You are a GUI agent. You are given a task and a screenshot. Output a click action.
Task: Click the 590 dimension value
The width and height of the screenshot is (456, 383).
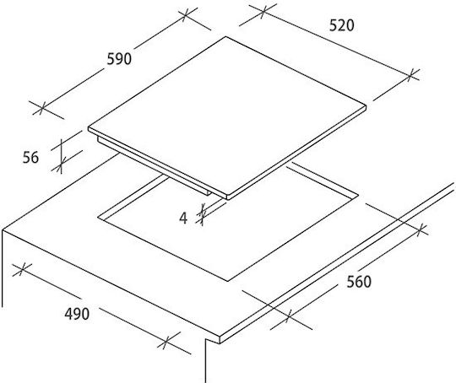(119, 59)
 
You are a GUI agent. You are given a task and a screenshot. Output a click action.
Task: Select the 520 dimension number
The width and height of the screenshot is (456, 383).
(342, 25)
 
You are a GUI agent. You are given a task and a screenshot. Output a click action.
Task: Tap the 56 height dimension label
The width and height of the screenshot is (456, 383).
(30, 158)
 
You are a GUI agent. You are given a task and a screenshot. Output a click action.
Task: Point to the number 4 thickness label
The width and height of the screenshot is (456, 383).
(183, 218)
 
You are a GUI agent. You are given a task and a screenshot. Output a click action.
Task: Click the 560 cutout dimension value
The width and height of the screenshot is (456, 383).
(359, 282)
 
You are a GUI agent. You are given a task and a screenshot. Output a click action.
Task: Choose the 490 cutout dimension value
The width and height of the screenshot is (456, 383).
(77, 314)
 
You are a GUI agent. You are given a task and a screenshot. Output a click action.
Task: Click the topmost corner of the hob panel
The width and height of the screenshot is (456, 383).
(225, 36)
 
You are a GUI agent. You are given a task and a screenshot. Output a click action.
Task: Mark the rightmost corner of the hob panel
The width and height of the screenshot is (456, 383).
(366, 107)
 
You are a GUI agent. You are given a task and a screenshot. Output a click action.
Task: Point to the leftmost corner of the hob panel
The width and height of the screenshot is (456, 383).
(89, 128)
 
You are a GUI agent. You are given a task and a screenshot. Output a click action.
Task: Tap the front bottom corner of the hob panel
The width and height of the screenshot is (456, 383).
(228, 199)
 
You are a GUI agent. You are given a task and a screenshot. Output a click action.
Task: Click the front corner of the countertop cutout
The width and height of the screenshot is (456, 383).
(227, 281)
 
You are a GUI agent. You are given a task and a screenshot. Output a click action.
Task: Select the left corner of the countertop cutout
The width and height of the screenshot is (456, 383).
(98, 217)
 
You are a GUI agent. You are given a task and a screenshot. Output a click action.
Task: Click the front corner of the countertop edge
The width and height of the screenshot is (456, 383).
(220, 343)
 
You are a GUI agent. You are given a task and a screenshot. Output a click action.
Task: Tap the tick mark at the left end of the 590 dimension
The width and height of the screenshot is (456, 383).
(42, 108)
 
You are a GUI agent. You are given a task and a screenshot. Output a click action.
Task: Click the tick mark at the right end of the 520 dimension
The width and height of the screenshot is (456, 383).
(410, 76)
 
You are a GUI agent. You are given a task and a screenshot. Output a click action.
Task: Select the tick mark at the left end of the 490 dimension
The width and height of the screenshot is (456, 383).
(22, 270)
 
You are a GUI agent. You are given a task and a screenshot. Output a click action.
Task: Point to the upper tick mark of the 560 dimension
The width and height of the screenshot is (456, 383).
(419, 230)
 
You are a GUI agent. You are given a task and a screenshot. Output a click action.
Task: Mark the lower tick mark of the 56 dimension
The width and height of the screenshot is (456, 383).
(61, 166)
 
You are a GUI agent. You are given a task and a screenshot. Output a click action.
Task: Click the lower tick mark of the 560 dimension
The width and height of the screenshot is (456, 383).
(288, 316)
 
